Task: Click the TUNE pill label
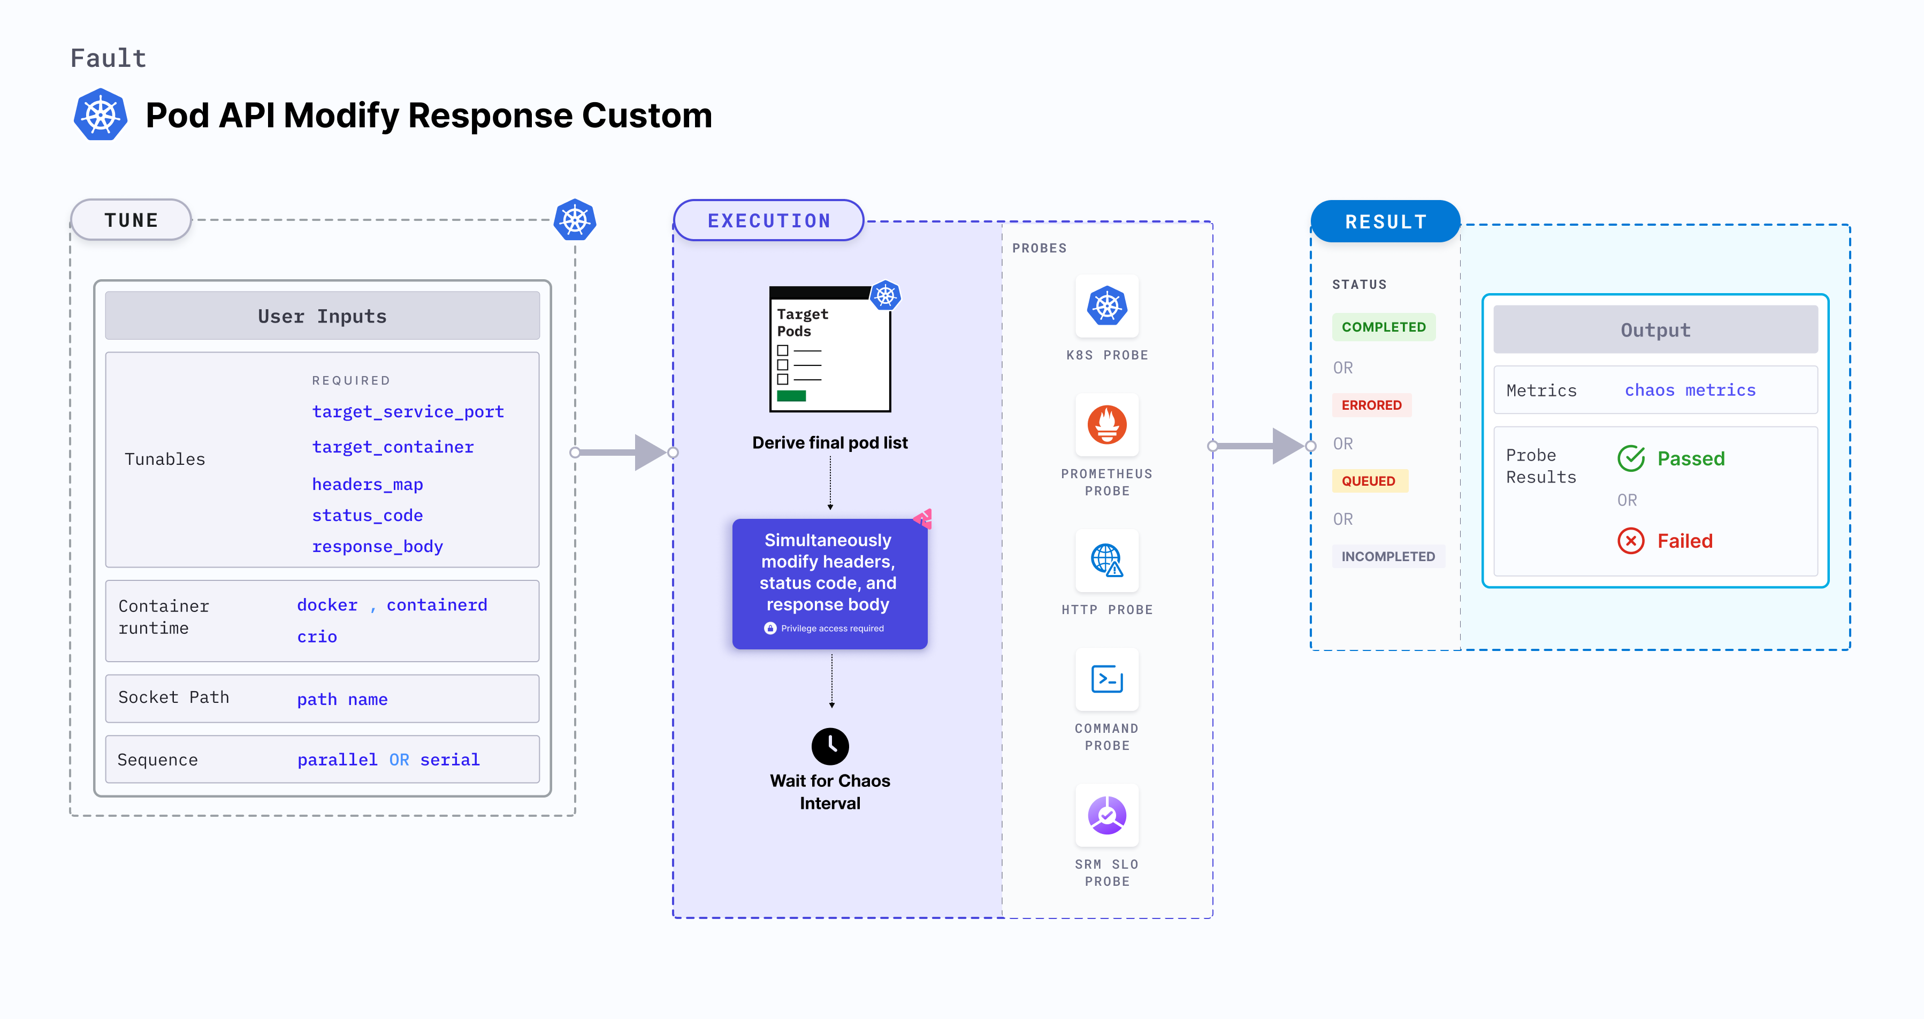132,220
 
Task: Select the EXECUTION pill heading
768,221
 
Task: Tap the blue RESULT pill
1386,221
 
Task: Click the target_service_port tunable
408,411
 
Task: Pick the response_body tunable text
377,547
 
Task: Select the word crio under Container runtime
317,637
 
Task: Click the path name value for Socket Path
342,700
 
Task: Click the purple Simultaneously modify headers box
829,583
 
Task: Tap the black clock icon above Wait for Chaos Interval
830,746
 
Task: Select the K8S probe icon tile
1107,306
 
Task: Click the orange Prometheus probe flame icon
1107,425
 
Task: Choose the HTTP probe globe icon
1107,560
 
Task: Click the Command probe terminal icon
1107,679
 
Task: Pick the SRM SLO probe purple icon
1107,815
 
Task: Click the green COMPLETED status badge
1383,327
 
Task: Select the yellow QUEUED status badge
1368,481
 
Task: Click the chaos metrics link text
1690,390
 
